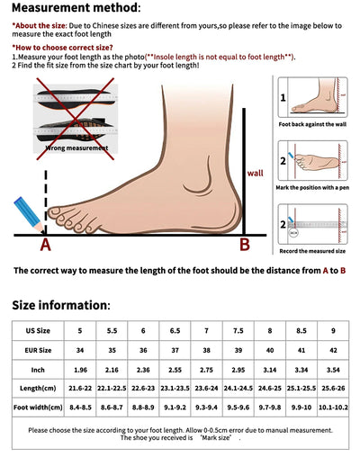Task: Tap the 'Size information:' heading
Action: [60, 305]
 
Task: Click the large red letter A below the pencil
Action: [45, 244]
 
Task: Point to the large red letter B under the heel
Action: [243, 244]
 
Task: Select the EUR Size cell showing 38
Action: [206, 349]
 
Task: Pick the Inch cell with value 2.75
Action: [206, 368]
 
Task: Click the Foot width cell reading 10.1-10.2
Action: [332, 407]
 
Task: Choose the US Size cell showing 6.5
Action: [175, 330]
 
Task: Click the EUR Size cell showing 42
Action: [332, 349]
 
